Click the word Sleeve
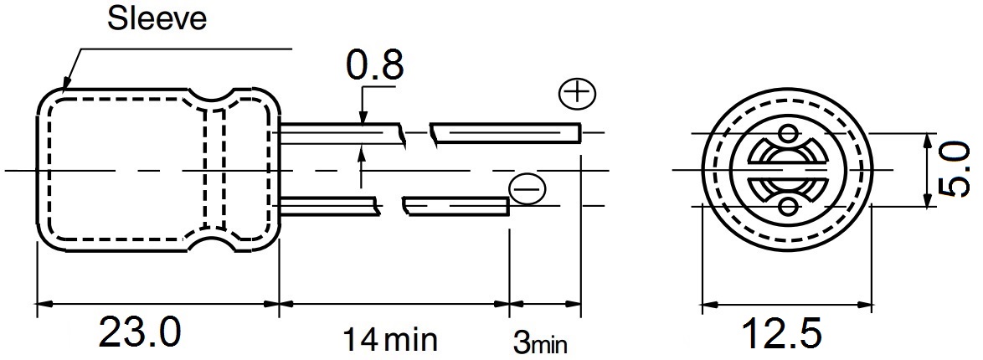156,18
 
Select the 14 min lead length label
389,339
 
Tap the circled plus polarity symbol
577,94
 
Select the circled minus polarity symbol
527,188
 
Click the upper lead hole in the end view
788,133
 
